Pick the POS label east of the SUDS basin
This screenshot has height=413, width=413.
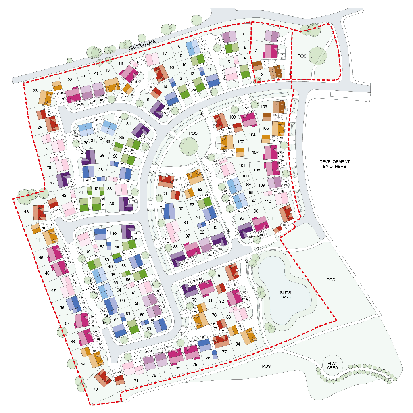pyautogui.click(x=331, y=280)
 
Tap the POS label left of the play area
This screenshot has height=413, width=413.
pyautogui.click(x=266, y=366)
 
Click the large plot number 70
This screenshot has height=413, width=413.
pyautogui.click(x=95, y=390)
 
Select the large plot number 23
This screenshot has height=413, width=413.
pyautogui.click(x=35, y=91)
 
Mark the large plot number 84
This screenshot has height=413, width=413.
pyautogui.click(x=238, y=344)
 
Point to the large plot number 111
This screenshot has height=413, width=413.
pyautogui.click(x=274, y=218)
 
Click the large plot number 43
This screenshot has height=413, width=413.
pyautogui.click(x=26, y=211)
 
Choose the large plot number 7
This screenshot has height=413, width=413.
pyautogui.click(x=243, y=33)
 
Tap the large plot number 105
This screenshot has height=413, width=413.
pyautogui.click(x=264, y=107)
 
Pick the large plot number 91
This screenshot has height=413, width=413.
pyautogui.click(x=165, y=194)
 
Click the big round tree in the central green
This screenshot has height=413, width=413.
pyautogui.click(x=189, y=146)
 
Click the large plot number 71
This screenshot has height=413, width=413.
pyautogui.click(x=136, y=380)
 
